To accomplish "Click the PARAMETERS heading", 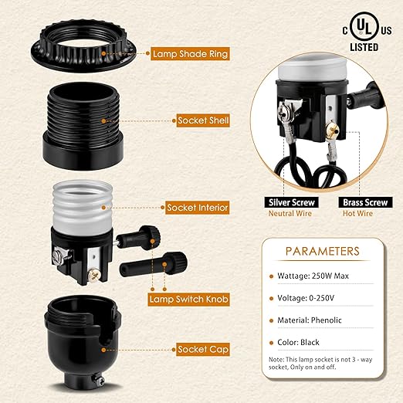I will pyautogui.click(x=322, y=252).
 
